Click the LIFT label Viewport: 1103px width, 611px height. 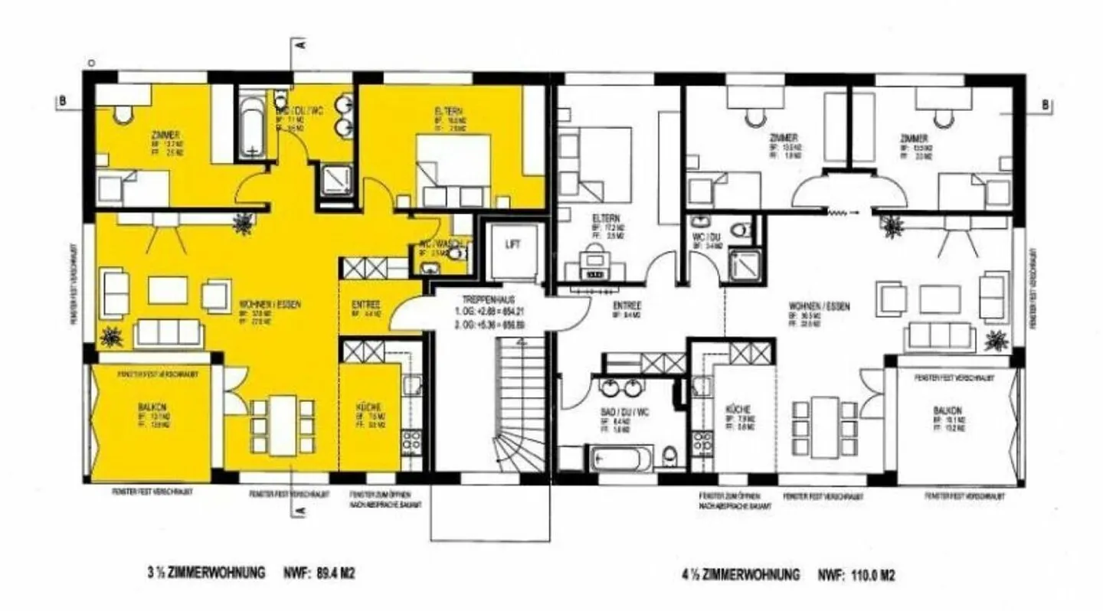(x=512, y=245)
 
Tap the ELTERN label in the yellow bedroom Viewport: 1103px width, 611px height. (x=449, y=110)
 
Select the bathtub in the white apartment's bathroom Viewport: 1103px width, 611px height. (x=621, y=459)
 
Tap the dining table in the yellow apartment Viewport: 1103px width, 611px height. (x=280, y=424)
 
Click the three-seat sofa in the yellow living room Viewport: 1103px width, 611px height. (x=168, y=332)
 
